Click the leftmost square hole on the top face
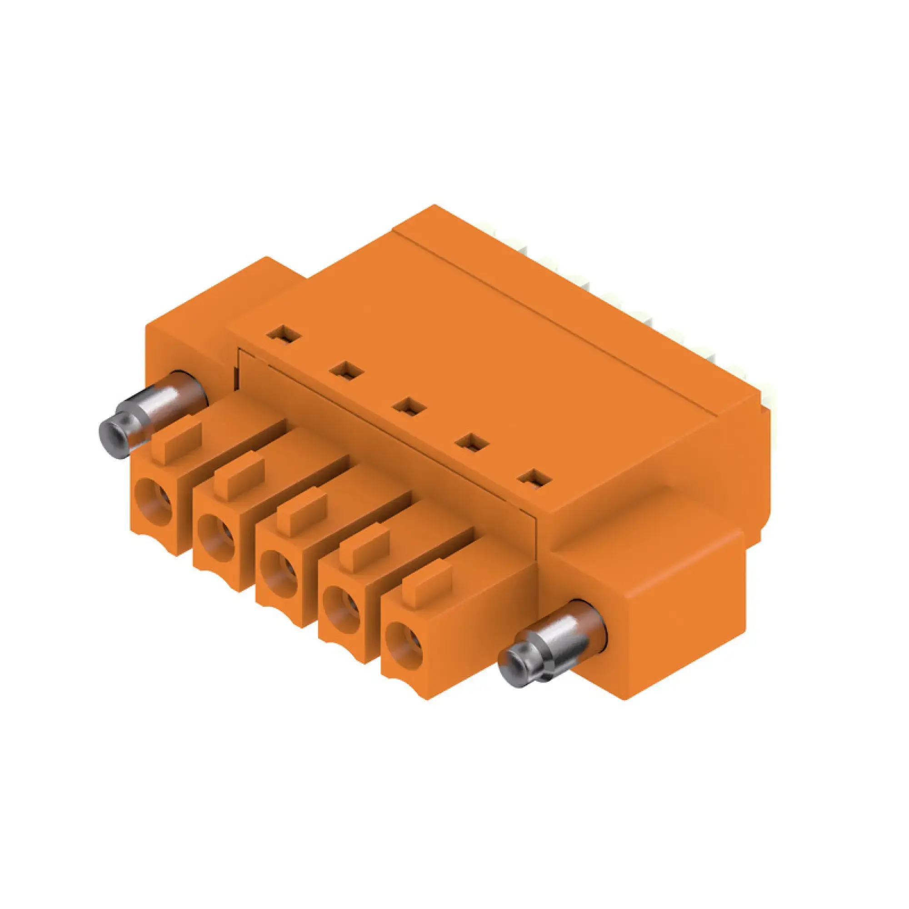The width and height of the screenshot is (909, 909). point(283,335)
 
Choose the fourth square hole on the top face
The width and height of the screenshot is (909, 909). point(472,443)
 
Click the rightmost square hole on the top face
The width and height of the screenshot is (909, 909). point(534,479)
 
